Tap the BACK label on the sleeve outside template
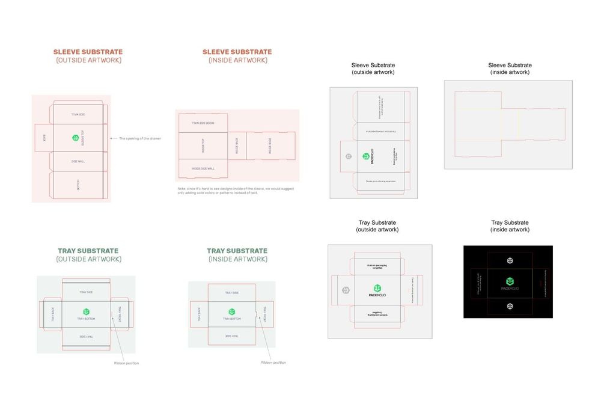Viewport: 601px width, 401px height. coord(44,138)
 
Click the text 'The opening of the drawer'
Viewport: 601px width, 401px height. coord(140,139)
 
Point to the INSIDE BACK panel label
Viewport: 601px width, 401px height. coord(237,146)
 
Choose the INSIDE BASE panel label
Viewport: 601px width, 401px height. coord(270,145)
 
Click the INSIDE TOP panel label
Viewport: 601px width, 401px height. coord(203,145)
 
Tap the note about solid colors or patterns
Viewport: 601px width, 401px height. coord(236,191)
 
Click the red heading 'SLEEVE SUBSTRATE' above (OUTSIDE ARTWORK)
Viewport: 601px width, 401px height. coord(88,52)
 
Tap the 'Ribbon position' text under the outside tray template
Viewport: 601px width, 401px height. coord(127,363)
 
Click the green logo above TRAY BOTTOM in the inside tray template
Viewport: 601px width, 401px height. coord(231,311)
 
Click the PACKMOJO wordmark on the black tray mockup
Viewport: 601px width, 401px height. coord(510,289)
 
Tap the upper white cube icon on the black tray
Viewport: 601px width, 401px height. coord(510,260)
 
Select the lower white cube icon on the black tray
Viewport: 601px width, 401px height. coord(510,307)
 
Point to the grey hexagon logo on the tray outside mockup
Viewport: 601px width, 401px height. coord(346,290)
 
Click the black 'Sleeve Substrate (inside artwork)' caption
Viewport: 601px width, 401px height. coord(510,69)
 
